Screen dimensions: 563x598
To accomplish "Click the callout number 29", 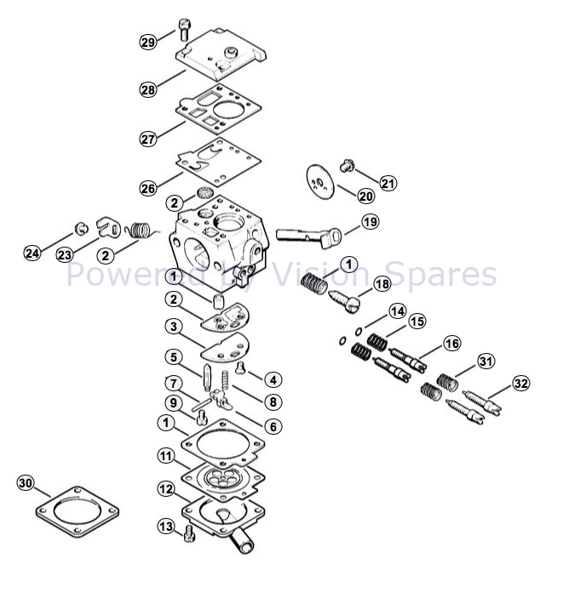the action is coord(148,42).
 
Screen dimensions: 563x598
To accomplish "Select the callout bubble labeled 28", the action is coord(148,89).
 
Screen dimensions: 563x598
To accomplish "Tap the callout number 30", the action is coord(26,483).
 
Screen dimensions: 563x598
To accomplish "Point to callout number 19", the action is coord(370,221).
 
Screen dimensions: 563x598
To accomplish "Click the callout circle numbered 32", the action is coord(521,384).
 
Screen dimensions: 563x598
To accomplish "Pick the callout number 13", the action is coord(166,527).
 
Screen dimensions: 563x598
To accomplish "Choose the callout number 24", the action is coord(32,253).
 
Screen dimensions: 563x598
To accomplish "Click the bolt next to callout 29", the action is coord(184,29).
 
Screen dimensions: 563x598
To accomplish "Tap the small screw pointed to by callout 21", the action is coord(348,166).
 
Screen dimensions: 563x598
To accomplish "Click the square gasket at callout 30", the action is coord(78,511).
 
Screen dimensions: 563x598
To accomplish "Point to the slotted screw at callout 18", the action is coord(345,300).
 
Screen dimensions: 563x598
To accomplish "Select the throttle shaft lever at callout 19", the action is coord(308,237).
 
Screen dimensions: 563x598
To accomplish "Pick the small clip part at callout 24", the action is coord(82,229).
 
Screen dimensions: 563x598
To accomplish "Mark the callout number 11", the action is coord(166,455).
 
